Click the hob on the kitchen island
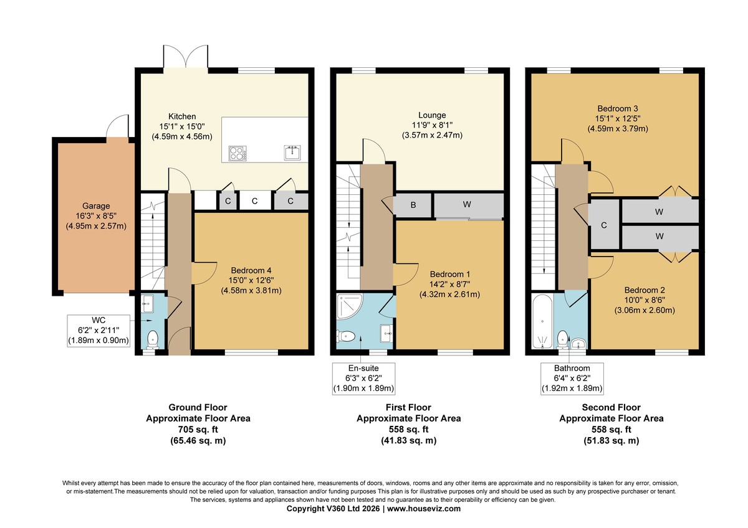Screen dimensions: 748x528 click(237, 153)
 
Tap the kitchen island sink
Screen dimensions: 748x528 click(292, 153)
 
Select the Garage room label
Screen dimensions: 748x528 click(96, 206)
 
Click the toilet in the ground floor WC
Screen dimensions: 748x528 click(153, 339)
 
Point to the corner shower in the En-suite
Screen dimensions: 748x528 click(349, 306)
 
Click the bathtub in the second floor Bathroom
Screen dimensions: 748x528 click(542, 321)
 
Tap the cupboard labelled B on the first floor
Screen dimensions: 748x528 click(413, 205)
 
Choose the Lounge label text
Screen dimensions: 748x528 click(432, 115)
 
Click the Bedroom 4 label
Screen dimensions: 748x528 click(251, 270)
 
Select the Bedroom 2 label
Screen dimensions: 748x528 click(645, 290)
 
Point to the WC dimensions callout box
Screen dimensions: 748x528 click(98, 331)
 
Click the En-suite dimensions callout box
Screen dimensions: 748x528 click(363, 379)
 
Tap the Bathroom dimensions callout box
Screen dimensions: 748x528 click(572, 379)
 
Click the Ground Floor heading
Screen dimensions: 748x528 click(198, 407)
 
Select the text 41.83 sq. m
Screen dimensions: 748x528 click(409, 441)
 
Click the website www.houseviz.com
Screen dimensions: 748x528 click(424, 509)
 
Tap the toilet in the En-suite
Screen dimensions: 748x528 click(345, 336)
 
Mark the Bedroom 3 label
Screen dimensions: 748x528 click(618, 108)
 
